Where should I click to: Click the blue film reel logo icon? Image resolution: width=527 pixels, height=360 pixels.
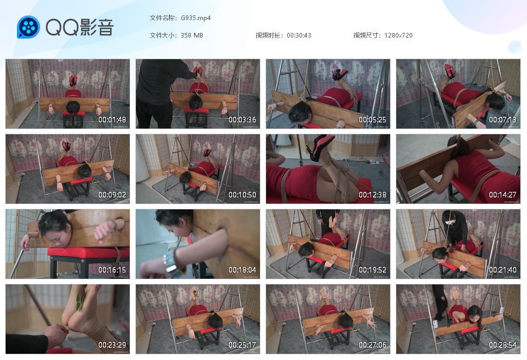[28, 27]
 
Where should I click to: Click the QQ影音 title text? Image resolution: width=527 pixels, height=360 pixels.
[79, 27]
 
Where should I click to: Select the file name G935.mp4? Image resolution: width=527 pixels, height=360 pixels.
[196, 18]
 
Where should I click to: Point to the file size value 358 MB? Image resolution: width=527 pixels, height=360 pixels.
[192, 35]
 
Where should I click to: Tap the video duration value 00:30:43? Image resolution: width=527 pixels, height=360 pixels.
[299, 35]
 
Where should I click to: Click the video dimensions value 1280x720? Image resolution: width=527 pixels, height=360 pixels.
[398, 35]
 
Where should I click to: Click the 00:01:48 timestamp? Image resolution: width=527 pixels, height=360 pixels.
[112, 120]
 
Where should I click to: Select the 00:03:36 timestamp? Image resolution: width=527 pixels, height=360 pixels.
[242, 120]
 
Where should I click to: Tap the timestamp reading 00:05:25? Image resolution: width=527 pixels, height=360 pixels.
[373, 120]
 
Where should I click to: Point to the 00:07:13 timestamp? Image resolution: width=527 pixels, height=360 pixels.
[503, 120]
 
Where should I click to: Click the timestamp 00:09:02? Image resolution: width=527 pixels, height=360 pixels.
[112, 195]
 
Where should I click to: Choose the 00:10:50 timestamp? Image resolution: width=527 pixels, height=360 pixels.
[242, 195]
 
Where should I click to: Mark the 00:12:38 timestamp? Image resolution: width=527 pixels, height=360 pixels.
[373, 195]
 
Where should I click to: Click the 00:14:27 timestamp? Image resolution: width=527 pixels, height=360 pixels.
[503, 195]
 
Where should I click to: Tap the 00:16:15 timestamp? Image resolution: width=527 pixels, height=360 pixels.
[112, 270]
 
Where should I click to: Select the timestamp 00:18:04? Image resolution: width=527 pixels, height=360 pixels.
[242, 270]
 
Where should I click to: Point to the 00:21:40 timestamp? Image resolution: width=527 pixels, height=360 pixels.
[503, 270]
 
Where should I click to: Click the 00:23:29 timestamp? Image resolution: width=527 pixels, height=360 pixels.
[112, 345]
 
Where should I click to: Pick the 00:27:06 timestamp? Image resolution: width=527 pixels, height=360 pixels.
[373, 345]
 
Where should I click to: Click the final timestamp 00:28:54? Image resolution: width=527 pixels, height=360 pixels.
[503, 345]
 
